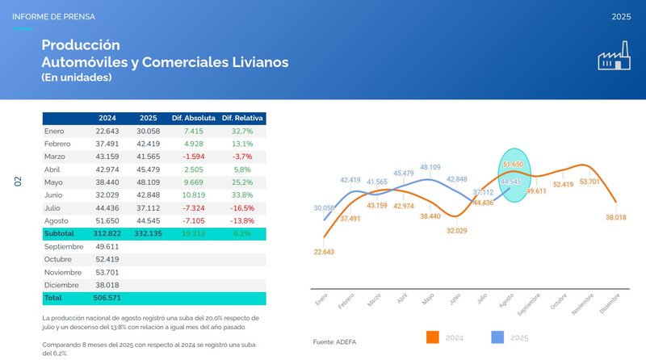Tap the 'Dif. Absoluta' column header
coord(192,119)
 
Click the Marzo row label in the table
coord(56,157)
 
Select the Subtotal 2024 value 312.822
coord(107,233)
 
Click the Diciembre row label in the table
coord(61,285)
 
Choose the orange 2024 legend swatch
coord(433,337)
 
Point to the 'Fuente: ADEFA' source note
coord(336,343)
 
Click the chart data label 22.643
coord(322,252)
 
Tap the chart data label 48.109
coord(430,167)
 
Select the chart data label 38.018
coord(616,217)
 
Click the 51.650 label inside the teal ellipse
coord(514,164)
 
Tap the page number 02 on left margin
coord(17,182)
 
